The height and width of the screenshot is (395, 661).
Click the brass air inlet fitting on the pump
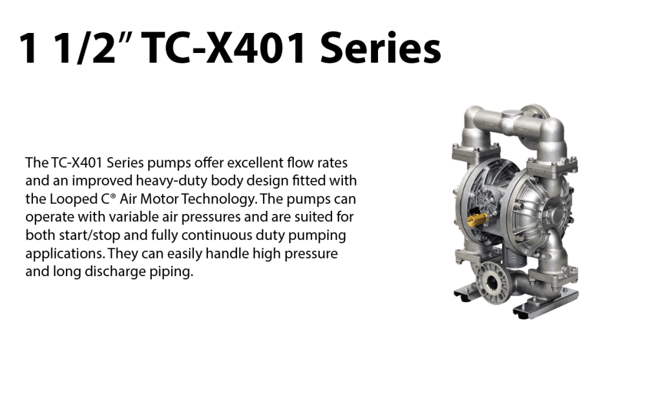click(479, 219)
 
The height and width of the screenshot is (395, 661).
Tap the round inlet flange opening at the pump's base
click(492, 281)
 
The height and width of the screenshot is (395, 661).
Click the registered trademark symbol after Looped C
click(113, 196)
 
